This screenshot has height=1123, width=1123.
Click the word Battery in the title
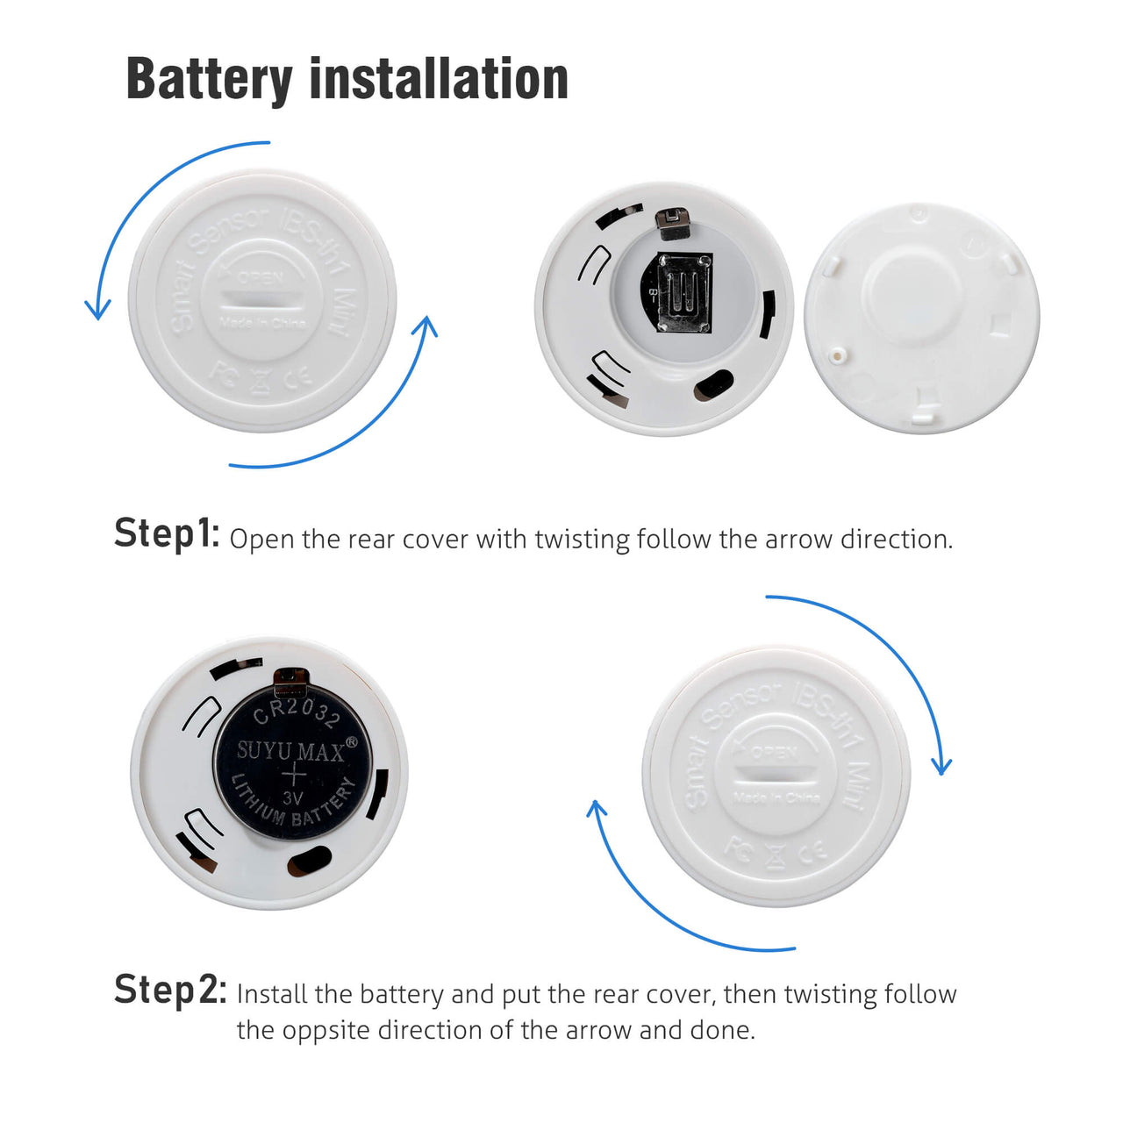(209, 79)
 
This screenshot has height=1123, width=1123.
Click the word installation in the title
(439, 79)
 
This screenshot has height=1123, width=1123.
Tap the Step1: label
(167, 533)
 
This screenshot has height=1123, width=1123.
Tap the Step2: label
(170, 990)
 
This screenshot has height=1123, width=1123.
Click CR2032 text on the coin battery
(296, 711)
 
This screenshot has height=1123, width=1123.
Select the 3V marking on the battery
(293, 798)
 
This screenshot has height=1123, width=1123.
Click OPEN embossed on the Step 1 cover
(261, 277)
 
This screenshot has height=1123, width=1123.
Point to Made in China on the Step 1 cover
(262, 323)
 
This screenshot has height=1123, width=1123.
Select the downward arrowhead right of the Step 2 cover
(941, 767)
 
